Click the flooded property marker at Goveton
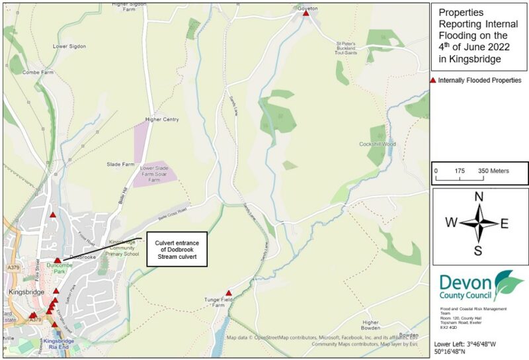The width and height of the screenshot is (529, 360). point(305,13)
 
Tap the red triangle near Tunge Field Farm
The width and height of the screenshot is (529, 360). point(229,292)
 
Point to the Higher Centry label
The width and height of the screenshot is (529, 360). point(162,120)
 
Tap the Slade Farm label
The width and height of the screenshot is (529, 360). point(120,164)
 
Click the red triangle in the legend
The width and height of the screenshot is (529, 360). point(433,80)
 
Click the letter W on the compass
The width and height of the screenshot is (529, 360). point(451,223)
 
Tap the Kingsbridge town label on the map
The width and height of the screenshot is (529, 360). point(26,292)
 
